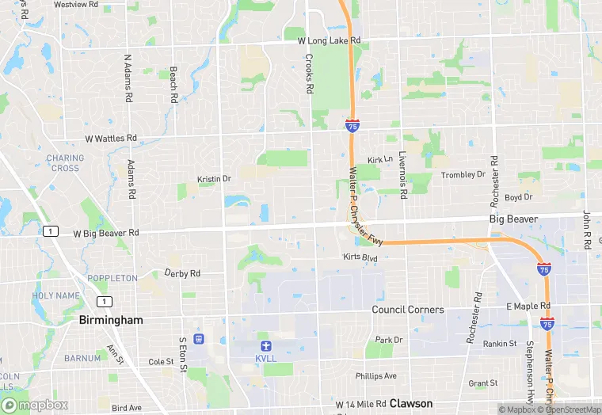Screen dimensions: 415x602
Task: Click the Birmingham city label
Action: pos(111,320)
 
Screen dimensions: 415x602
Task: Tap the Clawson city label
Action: pos(410,403)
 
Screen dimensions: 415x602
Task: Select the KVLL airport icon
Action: pos(266,345)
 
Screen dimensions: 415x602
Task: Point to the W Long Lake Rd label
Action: pos(329,40)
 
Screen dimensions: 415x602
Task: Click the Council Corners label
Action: pos(408,309)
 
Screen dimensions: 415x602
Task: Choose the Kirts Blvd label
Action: pos(360,257)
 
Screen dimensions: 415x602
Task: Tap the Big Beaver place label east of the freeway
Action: pos(513,219)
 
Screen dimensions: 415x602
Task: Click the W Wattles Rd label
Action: pos(111,138)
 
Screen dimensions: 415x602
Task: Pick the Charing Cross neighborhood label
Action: pos(65,163)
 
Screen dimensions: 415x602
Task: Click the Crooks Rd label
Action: pos(310,73)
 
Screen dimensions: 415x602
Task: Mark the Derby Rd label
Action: pos(182,273)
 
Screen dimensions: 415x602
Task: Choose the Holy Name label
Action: pos(56,295)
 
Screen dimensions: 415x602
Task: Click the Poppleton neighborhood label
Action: pos(112,278)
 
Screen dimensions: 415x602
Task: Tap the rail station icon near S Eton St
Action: pos(199,339)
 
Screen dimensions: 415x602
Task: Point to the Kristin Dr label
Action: pos(214,179)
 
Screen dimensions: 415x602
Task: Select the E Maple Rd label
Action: pos(528,306)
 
